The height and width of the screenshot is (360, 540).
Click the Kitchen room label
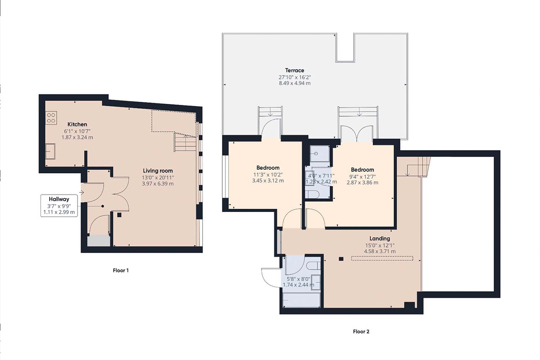click(x=77, y=124)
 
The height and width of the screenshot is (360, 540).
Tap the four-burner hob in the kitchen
click(x=51, y=118)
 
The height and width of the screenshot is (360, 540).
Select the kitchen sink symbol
click(x=50, y=152)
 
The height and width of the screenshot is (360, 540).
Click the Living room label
click(x=158, y=171)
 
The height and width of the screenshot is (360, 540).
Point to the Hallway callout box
click(x=59, y=206)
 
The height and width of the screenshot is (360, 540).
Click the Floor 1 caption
click(x=121, y=270)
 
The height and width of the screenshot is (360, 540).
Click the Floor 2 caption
click(x=361, y=332)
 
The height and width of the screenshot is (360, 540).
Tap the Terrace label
click(x=294, y=70)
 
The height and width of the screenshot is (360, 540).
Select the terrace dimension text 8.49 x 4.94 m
click(x=294, y=83)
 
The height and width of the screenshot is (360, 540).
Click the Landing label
click(x=379, y=238)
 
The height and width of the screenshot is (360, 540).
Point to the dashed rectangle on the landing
click(x=382, y=258)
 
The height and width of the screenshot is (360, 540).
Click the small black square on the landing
click(x=341, y=258)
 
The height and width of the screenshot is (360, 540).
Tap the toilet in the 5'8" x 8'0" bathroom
click(x=313, y=266)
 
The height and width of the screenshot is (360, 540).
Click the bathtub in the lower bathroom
click(x=301, y=300)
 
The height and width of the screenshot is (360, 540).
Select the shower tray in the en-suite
click(x=320, y=154)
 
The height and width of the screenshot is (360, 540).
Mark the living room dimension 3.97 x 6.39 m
click(x=158, y=184)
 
